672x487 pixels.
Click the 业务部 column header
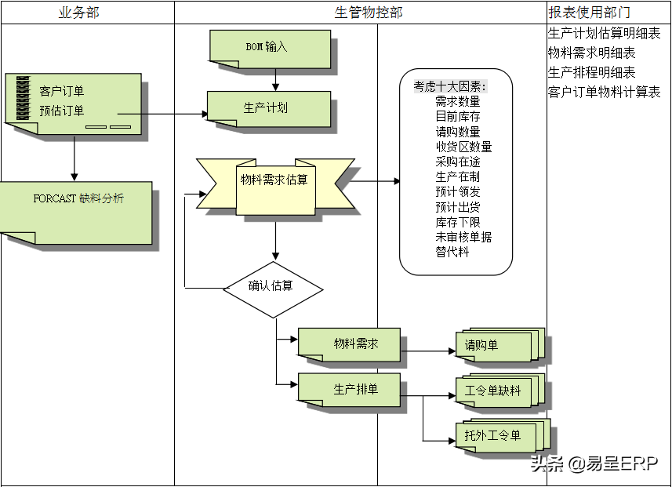coord(79,13)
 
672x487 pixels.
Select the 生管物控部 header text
coord(369,13)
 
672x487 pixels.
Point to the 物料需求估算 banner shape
coord(274,180)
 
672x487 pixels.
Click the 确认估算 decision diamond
coord(272,286)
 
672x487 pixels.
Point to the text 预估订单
coord(62,111)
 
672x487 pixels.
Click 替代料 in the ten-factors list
coord(452,252)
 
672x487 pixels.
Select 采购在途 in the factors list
coord(458,162)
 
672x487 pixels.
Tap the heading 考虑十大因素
coord(451,86)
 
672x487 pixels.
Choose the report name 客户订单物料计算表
coord(604,93)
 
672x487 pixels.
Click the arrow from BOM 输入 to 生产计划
coord(275,79)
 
